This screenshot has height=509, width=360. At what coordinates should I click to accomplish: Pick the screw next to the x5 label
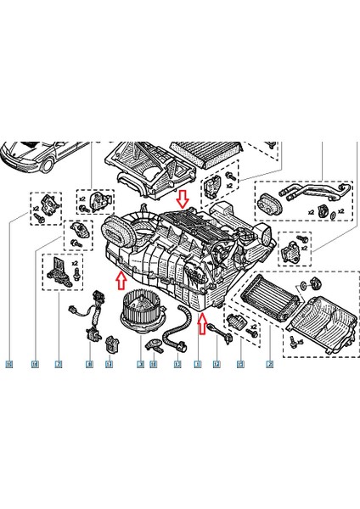click(x=292, y=342)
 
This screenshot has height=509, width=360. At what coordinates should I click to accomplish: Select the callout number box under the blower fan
click(x=139, y=364)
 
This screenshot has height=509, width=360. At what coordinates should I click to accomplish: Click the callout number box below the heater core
click(x=269, y=364)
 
